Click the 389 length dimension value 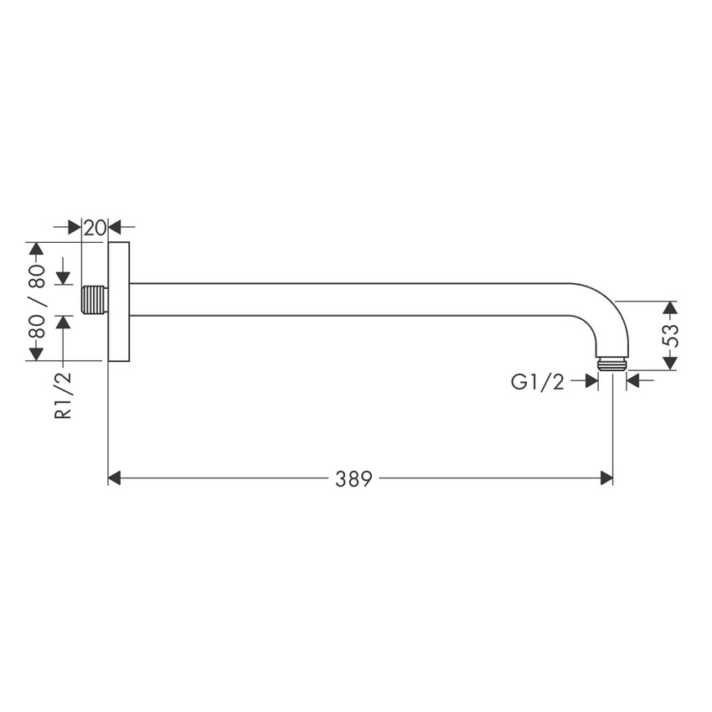point(354,478)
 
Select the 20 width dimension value point(95,227)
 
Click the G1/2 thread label point(538,382)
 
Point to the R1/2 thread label point(64,395)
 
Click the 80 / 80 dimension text point(36,302)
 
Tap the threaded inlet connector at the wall point(95,300)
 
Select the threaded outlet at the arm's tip point(613,364)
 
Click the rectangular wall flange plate point(119,302)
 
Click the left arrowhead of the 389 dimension point(116,478)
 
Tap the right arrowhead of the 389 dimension point(606,478)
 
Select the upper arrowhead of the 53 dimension point(669,307)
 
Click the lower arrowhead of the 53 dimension point(669,363)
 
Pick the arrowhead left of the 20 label point(75,227)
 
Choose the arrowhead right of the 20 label point(116,227)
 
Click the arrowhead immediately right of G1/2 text point(591,382)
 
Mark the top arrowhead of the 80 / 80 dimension point(35,250)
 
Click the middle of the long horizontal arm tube point(352,299)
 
